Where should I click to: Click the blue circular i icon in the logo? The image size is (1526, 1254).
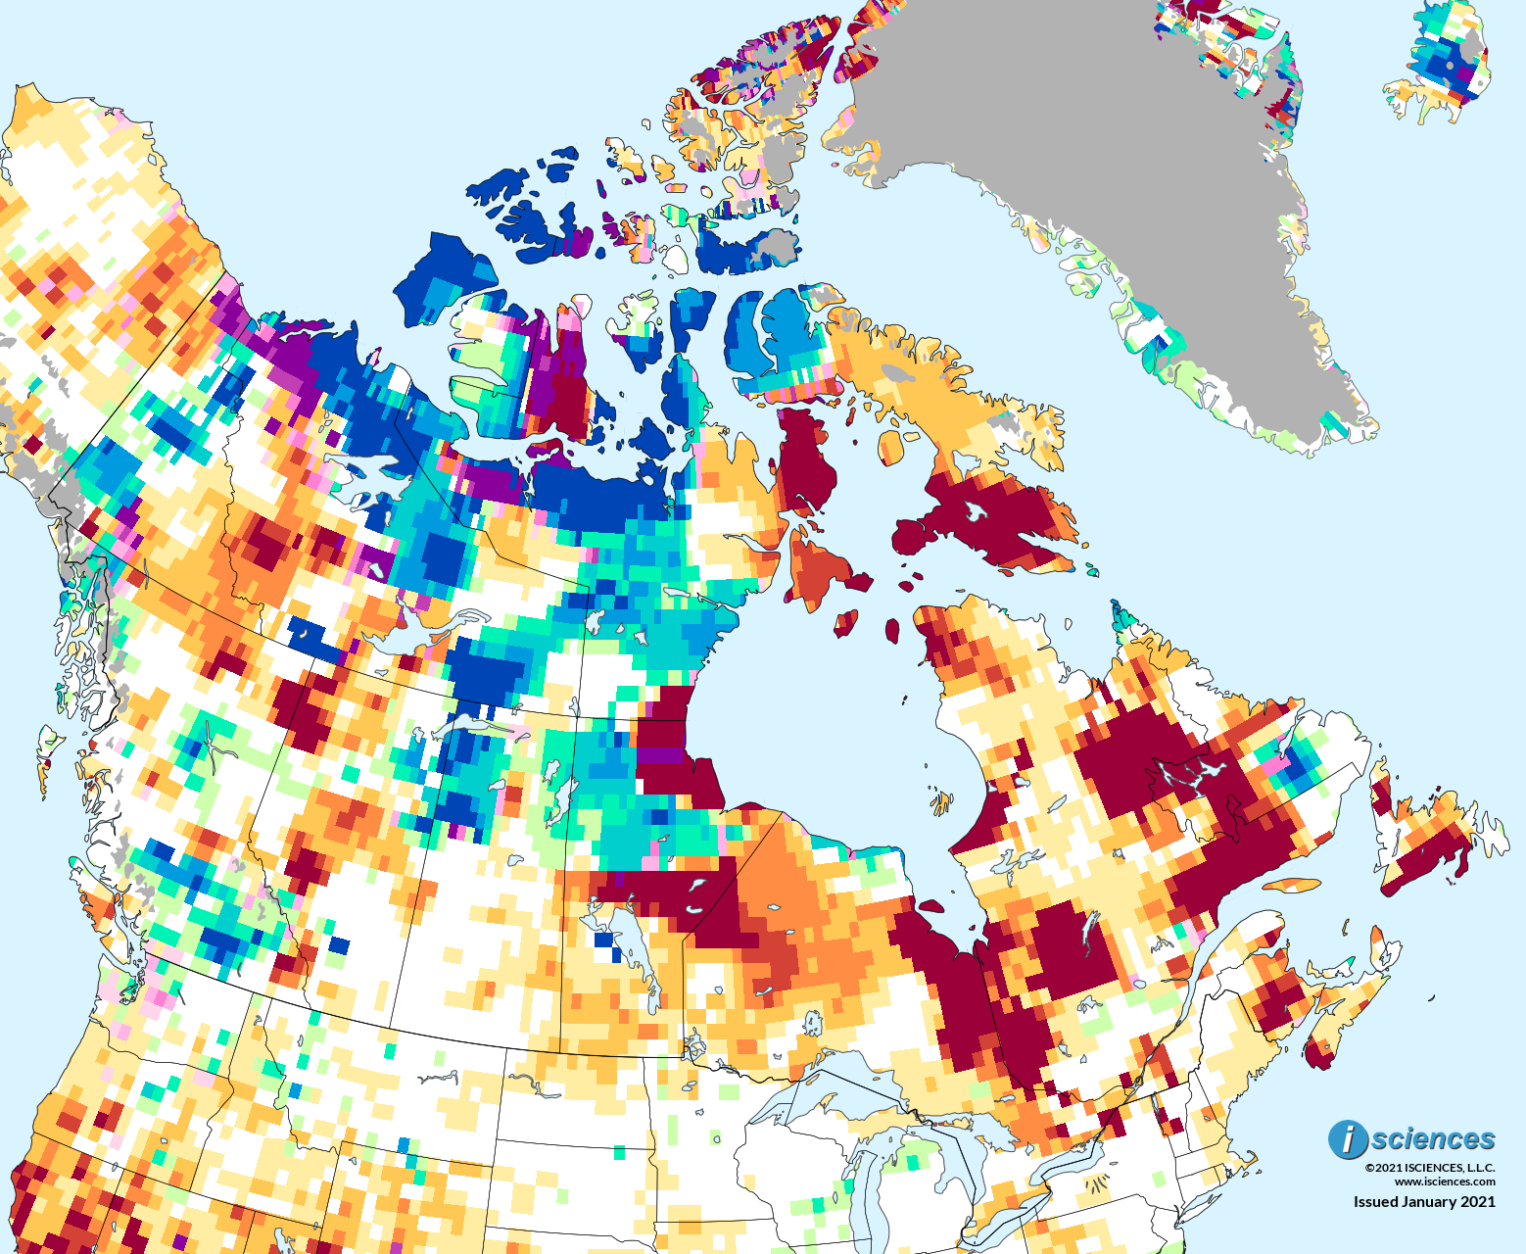[x=1348, y=1139]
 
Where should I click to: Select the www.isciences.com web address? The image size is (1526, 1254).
[x=1445, y=1181]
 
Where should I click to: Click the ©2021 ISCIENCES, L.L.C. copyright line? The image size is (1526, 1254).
[x=1430, y=1168]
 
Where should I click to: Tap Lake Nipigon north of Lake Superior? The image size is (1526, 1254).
[x=812, y=1024]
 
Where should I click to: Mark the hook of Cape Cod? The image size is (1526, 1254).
[x=1241, y=1159]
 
